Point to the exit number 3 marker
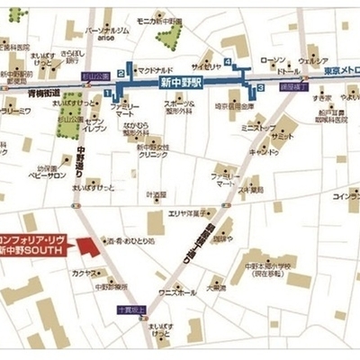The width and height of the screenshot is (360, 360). [260, 87]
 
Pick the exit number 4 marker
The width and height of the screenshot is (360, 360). [229, 62]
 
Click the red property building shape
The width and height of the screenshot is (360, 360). [86, 246]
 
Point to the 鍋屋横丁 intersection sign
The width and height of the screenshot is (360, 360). [292, 86]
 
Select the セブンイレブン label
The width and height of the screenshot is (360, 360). [94, 125]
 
